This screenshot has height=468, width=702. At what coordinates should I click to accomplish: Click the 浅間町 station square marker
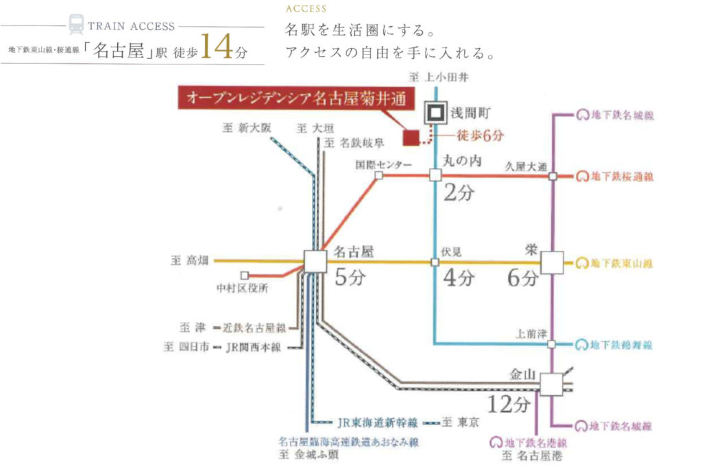coord(435,112)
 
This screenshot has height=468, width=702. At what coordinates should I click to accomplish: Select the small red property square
coord(410,137)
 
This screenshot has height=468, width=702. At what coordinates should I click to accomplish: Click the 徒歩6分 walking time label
coord(480,136)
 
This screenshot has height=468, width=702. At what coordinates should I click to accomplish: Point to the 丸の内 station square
coord(435,175)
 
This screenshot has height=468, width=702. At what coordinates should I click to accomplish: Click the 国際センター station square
coord(378,175)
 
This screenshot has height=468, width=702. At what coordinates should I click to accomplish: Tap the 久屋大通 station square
coord(553,176)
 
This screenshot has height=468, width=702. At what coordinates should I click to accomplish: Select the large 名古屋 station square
coord(316,262)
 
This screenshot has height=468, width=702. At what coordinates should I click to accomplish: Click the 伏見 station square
coord(435,262)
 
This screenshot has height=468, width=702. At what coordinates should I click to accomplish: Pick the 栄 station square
coord(552,262)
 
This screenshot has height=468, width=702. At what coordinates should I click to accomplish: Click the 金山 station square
coord(550,384)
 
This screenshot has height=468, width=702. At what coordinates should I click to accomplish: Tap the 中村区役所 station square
coord(244,275)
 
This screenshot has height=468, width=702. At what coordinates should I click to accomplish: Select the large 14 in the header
coord(218,49)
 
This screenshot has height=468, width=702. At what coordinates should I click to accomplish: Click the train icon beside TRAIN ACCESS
coord(76,25)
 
